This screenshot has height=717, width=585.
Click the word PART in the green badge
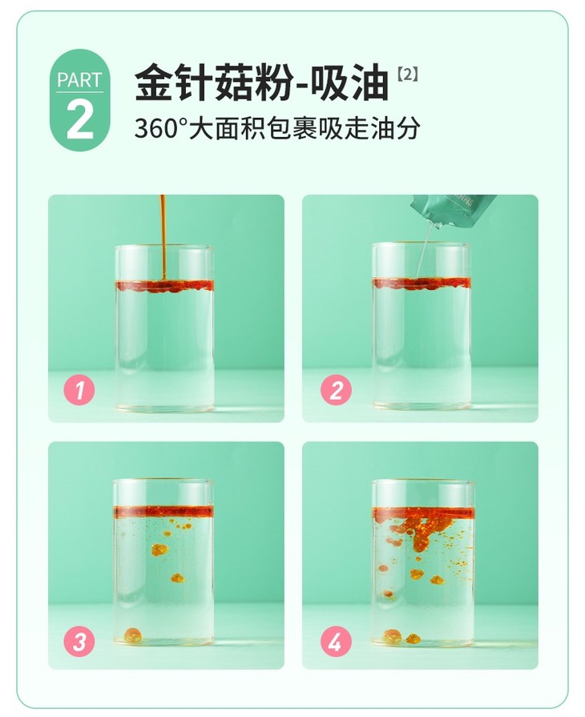pyautogui.click(x=79, y=80)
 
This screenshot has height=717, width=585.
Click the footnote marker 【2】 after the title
pyautogui.click(x=407, y=75)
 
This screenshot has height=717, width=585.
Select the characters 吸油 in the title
pyautogui.click(x=349, y=83)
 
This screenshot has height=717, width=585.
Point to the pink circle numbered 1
pyautogui.click(x=79, y=390)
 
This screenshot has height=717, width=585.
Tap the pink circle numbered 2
pyautogui.click(x=336, y=390)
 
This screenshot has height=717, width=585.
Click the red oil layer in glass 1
pyautogui.click(x=164, y=286)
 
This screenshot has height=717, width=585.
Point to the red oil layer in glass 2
pyautogui.click(x=422, y=284)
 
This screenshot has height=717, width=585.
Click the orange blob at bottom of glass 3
pyautogui.click(x=134, y=634)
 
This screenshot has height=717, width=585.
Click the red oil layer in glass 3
pyautogui.click(x=164, y=512)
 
